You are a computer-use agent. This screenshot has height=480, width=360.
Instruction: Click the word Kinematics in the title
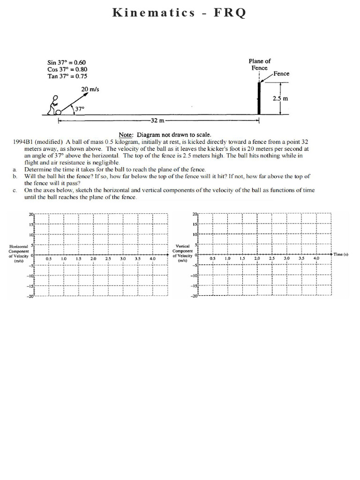point(154,13)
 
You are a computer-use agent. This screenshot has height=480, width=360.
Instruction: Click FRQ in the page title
point(230,13)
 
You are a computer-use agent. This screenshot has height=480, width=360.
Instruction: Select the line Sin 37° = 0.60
point(67,62)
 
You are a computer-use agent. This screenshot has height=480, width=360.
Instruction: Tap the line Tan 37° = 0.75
point(67,76)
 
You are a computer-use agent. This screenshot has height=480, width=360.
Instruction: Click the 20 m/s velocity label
point(90,89)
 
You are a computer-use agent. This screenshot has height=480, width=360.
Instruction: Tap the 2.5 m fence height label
point(280,98)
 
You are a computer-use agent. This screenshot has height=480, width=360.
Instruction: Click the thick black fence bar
point(259,97)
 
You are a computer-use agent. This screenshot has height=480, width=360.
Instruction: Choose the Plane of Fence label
point(259,64)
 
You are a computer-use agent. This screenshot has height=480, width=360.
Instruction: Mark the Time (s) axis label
point(341,254)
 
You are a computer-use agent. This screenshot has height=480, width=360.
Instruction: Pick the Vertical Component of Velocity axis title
point(182,253)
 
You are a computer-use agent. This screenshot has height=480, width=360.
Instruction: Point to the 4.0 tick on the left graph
point(152,259)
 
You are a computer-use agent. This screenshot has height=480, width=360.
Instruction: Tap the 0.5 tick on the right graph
point(212,259)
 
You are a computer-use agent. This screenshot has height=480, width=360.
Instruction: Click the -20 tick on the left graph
point(30,296)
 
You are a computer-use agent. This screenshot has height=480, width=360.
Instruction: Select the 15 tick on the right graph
point(195,225)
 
